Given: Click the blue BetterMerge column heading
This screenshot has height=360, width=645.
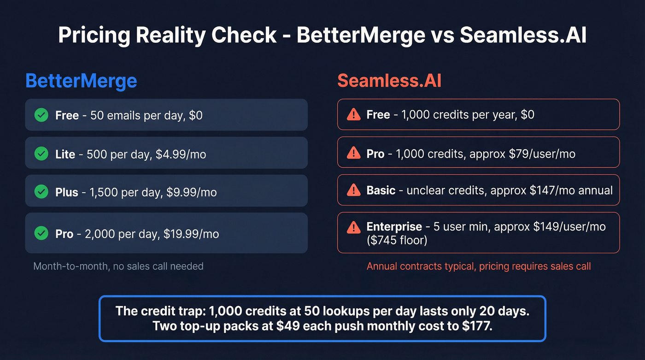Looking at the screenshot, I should click(81, 81).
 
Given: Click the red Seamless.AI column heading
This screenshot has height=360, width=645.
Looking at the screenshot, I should click(389, 81).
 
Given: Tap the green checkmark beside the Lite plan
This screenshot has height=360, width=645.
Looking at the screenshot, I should click(41, 153).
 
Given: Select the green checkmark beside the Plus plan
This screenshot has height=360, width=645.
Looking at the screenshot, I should click(41, 191).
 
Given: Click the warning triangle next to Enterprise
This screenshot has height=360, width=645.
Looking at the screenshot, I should click(353, 227).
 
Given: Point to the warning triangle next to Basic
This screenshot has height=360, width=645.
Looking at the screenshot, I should click(353, 189).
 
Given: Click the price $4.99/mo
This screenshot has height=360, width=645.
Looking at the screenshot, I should click(181, 154).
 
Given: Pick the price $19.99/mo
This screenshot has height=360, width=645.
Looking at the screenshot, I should click(191, 234).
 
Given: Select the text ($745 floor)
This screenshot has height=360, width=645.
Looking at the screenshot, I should click(397, 240).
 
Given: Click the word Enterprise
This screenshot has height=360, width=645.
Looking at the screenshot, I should click(394, 226).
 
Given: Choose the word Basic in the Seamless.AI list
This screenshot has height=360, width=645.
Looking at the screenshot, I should click(381, 190).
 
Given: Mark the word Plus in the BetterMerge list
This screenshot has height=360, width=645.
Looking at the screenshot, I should click(66, 192).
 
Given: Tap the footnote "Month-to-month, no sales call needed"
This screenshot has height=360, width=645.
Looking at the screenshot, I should click(118, 266).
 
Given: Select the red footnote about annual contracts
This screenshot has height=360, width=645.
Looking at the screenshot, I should click(479, 266).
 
